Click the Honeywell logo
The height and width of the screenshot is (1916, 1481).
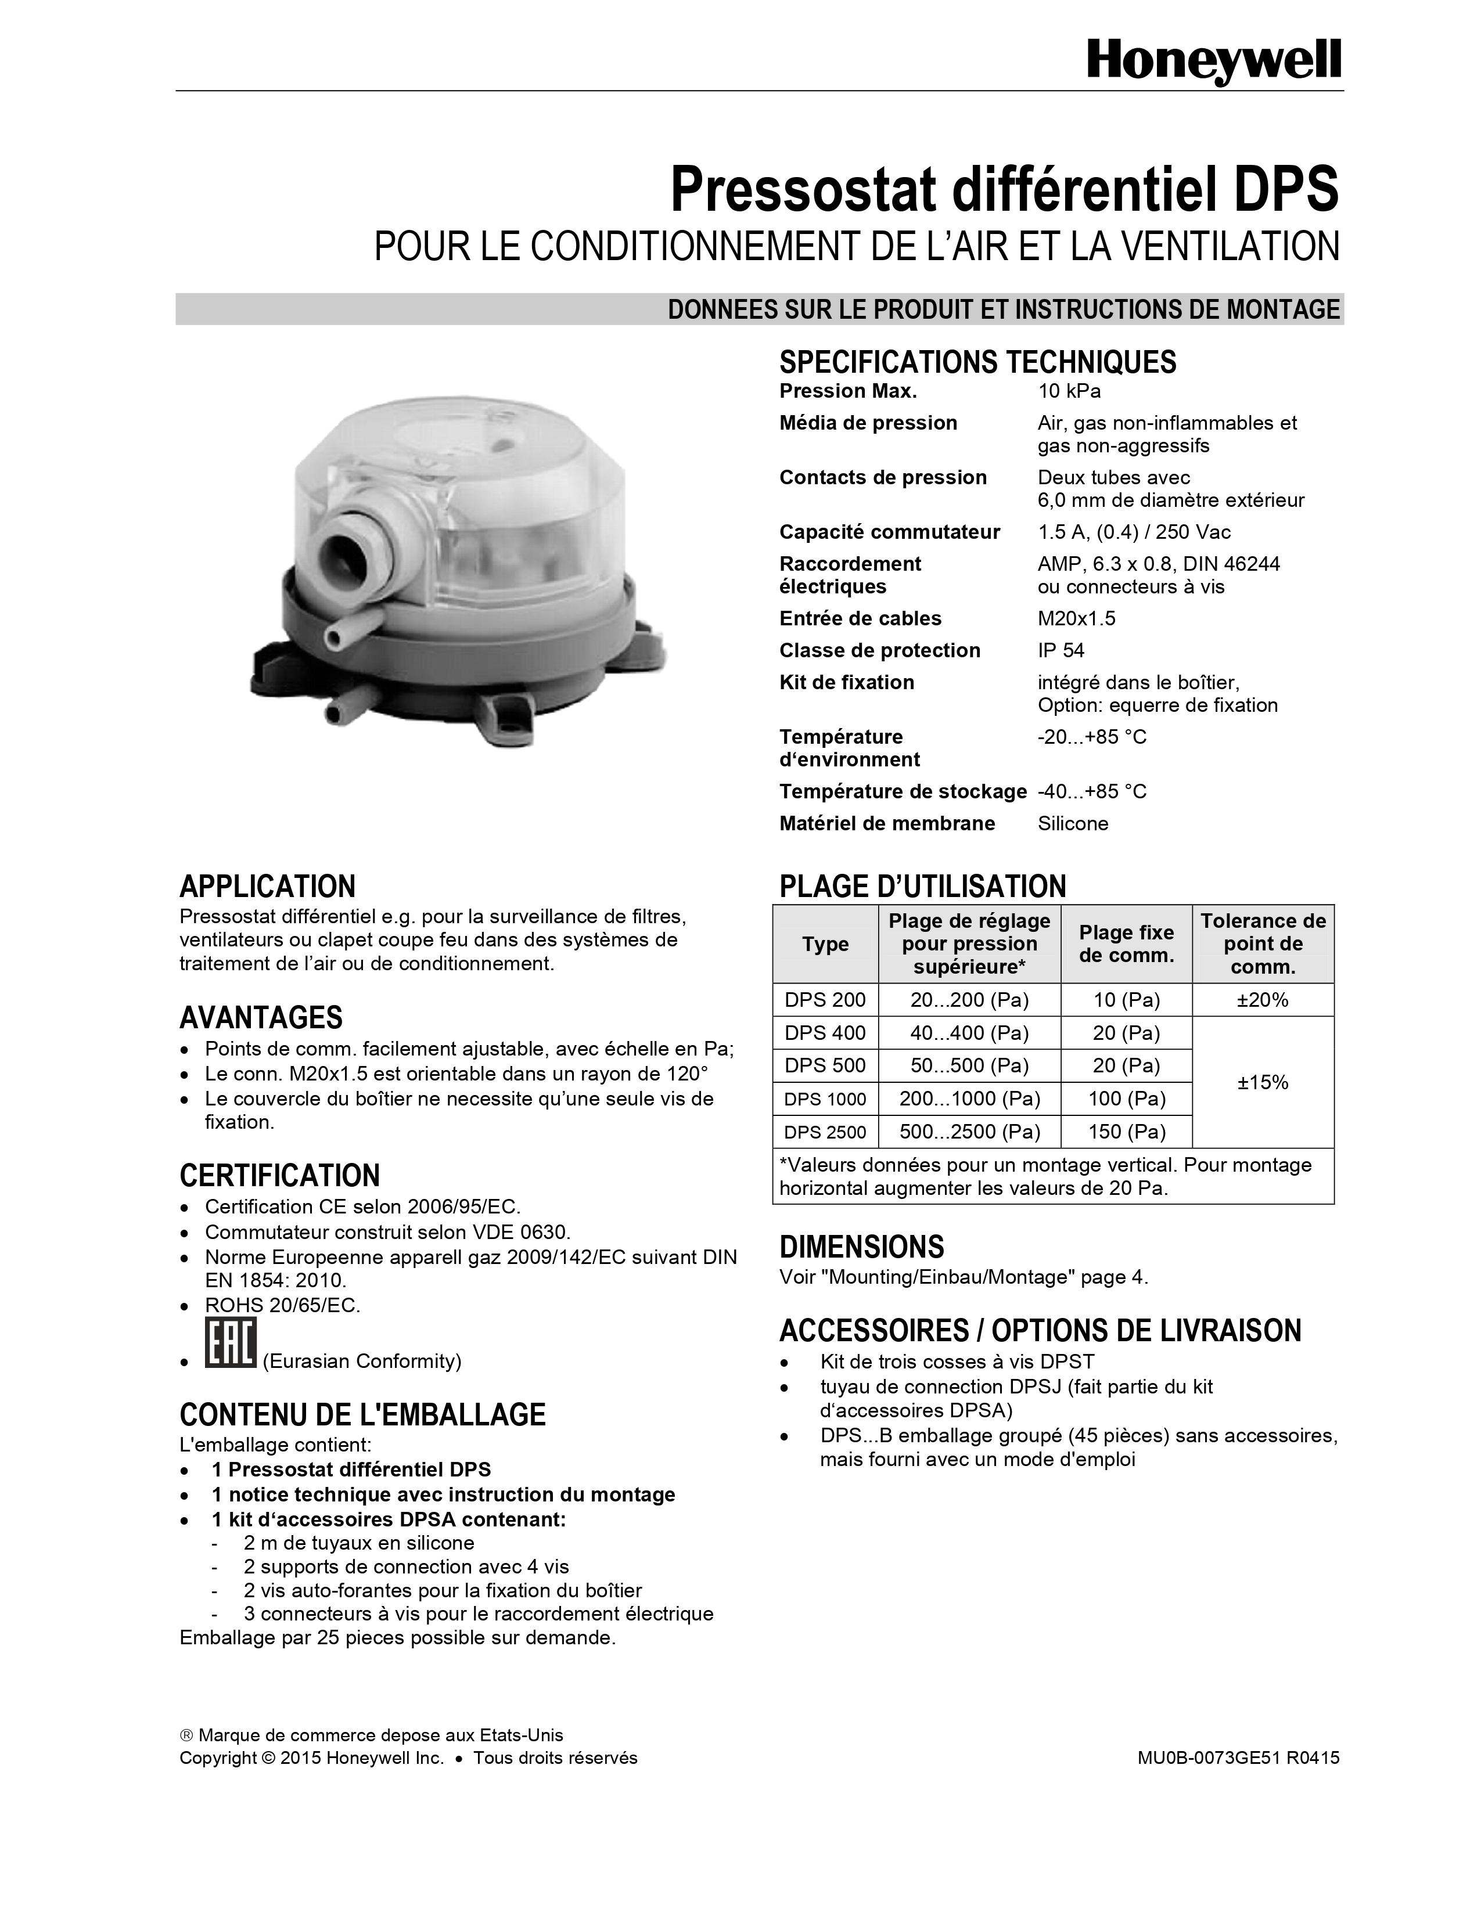tap(1213, 62)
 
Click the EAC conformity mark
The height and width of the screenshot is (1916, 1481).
tap(230, 1343)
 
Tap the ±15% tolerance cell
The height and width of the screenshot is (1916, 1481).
tap(1263, 1083)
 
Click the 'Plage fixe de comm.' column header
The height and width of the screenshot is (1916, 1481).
tap(1127, 944)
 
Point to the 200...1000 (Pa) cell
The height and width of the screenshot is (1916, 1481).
tap(969, 1099)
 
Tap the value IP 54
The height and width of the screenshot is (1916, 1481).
tap(1061, 651)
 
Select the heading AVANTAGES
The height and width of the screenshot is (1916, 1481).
tap(261, 1018)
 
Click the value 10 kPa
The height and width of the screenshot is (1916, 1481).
tap(1069, 391)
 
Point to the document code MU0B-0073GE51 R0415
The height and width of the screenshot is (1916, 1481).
tap(1238, 1758)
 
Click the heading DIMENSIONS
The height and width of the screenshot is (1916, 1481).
tap(861, 1247)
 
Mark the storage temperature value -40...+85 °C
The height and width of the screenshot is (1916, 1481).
tap(1091, 792)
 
